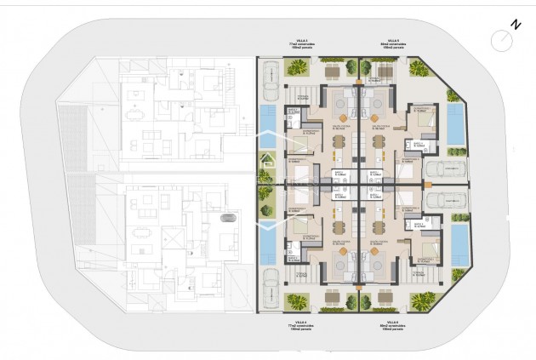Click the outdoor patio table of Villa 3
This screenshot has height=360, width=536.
[x=331, y=68]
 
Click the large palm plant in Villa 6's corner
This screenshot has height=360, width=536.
[x=421, y=300]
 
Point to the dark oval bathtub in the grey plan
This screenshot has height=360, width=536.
[x=229, y=220]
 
